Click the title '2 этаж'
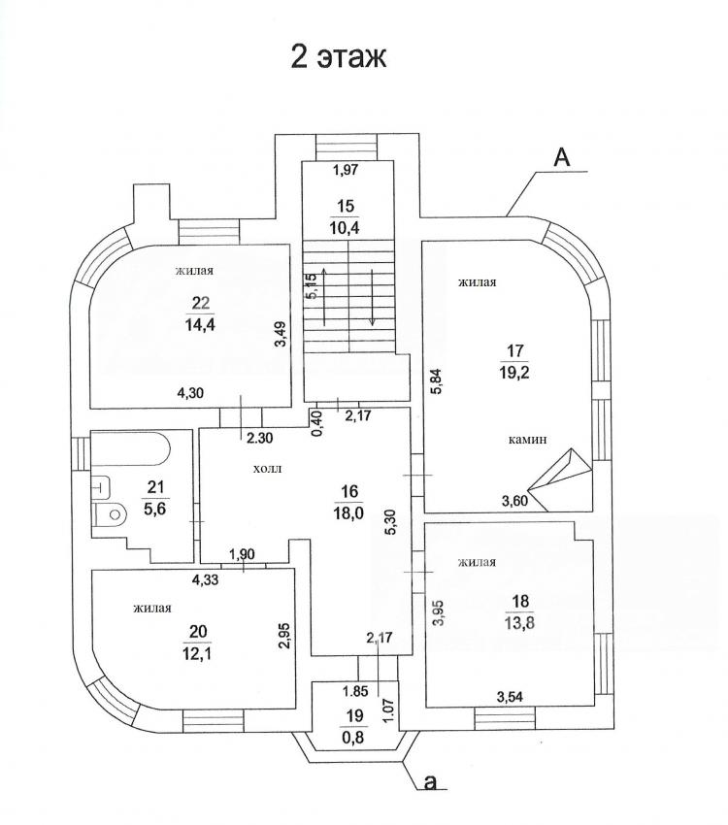coord(339,56)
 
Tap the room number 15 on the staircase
coord(344,206)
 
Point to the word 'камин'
coord(528,439)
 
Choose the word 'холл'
coord(266,468)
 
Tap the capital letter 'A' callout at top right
coord(561,157)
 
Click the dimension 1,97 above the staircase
coord(346,171)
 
